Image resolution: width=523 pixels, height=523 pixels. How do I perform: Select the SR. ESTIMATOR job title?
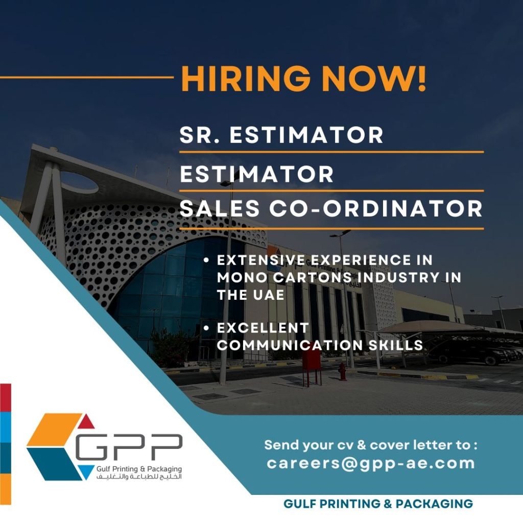click(x=281, y=135)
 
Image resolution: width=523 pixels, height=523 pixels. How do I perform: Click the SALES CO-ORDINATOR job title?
click(x=331, y=208)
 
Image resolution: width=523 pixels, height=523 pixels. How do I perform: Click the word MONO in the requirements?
click(x=243, y=277)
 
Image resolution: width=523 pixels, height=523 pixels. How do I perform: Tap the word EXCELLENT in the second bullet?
click(x=263, y=328)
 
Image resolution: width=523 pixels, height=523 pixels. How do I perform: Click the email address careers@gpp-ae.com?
click(x=371, y=464)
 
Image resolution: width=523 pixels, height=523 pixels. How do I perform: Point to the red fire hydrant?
click(x=342, y=372)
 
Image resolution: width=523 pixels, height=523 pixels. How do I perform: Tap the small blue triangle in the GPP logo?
click(x=86, y=471)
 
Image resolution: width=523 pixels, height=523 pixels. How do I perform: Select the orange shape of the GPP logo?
click(x=54, y=430)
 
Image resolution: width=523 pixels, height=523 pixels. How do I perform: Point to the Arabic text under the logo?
click(x=139, y=477)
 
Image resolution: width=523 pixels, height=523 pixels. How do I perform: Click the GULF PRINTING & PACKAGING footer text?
click(x=378, y=504)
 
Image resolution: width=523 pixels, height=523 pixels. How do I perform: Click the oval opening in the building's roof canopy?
click(x=79, y=182)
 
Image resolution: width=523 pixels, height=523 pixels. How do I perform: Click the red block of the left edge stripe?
click(x=5, y=397)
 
